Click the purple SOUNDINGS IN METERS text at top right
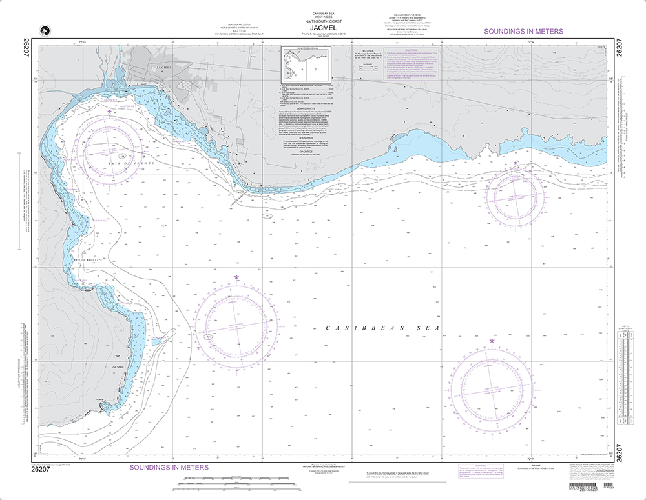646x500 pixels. click(x=523, y=31)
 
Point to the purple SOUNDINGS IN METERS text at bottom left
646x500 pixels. click(x=169, y=467)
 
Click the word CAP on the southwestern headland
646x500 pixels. click(x=117, y=356)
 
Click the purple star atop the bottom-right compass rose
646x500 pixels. click(x=492, y=341)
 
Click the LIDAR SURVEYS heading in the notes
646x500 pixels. click(x=306, y=108)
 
